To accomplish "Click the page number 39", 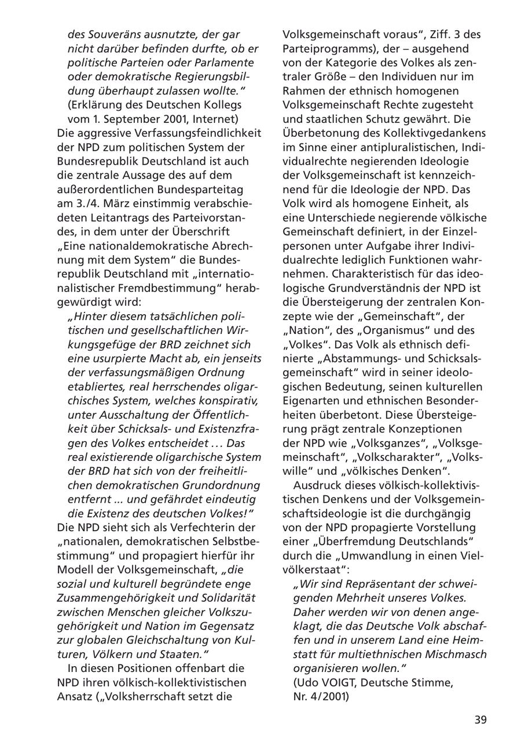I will pyautogui.click(x=480, y=720).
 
